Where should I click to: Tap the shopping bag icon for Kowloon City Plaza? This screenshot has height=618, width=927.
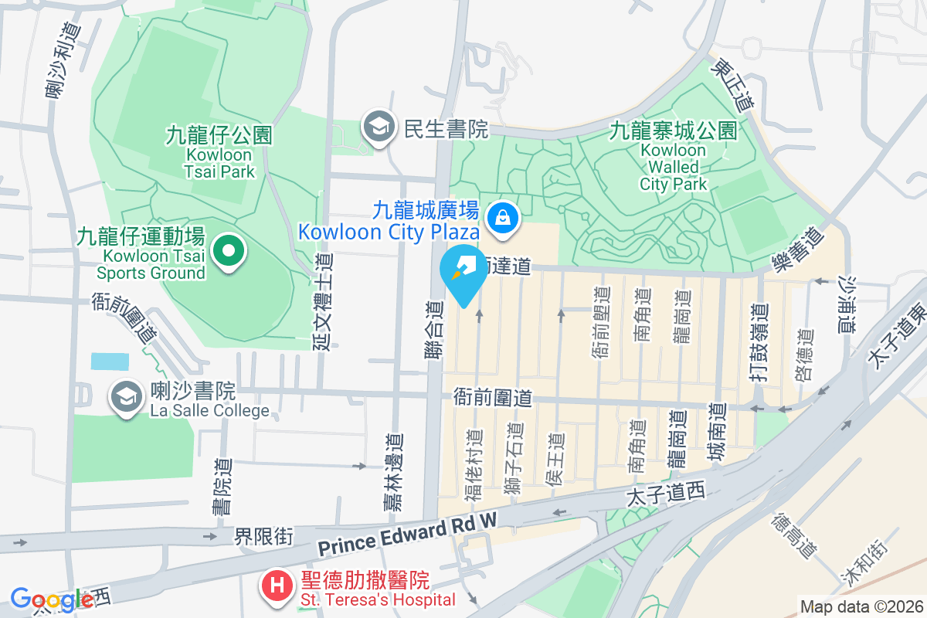[x=503, y=218]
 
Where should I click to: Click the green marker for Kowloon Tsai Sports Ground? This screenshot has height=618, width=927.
[x=229, y=251]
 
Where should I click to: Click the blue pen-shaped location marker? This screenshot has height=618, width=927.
[x=462, y=274]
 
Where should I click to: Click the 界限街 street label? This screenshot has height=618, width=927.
[x=264, y=536]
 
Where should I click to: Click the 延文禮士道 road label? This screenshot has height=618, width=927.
[x=323, y=301]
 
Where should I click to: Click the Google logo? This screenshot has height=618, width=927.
[x=52, y=599]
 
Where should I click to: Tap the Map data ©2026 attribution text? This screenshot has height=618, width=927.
[x=861, y=606]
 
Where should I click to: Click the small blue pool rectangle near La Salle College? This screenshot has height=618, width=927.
[x=110, y=361]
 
